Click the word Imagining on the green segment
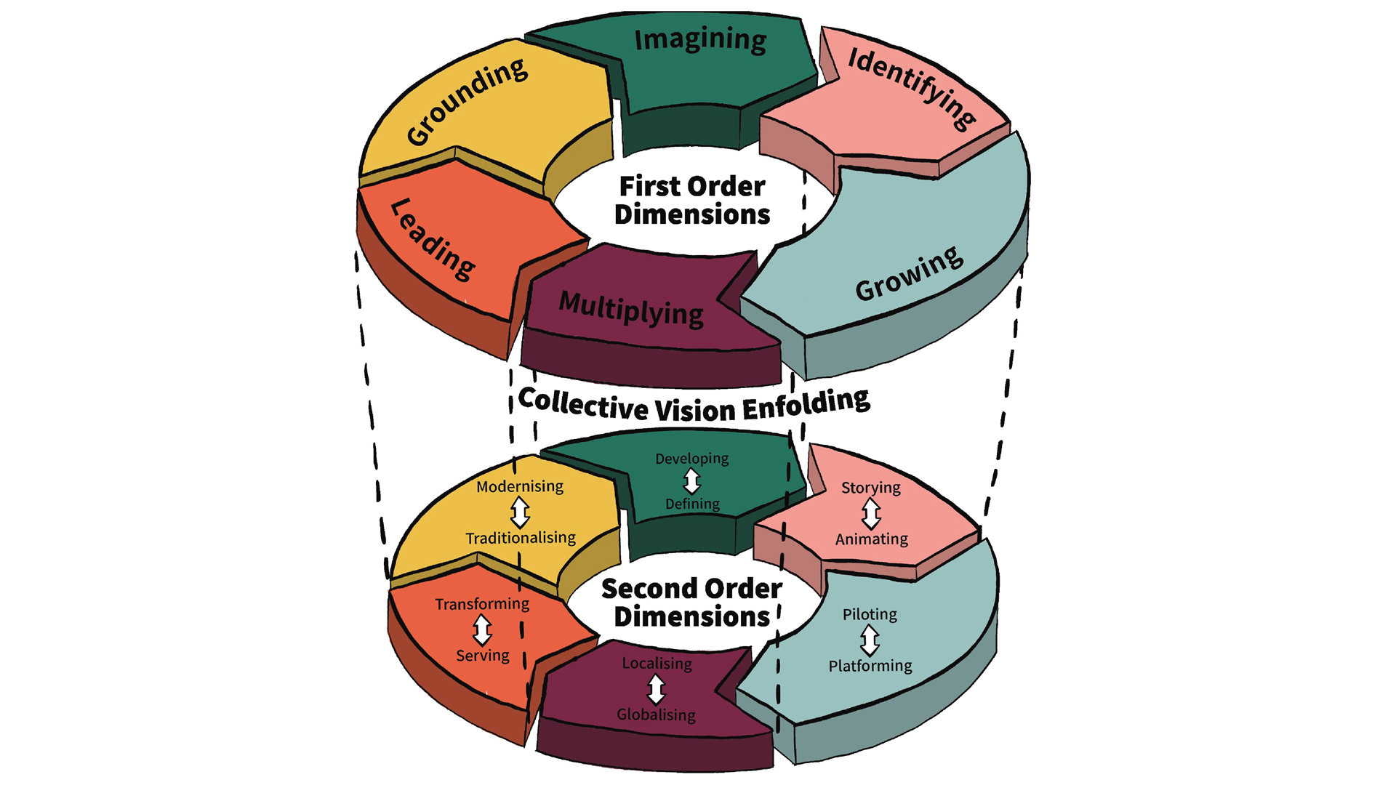(700, 41)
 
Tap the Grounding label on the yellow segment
(467, 102)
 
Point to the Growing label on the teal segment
(909, 275)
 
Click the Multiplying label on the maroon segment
(631, 309)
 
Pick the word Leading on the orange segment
(433, 239)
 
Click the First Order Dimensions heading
(691, 201)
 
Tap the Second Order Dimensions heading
(691, 603)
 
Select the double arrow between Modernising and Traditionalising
(520, 512)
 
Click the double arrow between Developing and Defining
(691, 481)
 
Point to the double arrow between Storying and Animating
(871, 514)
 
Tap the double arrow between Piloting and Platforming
(870, 640)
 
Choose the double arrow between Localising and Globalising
(656, 689)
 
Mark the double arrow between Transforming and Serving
(482, 630)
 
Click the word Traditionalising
(521, 539)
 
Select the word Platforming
(870, 666)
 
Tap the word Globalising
(656, 715)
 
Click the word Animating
(871, 539)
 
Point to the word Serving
(482, 656)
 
